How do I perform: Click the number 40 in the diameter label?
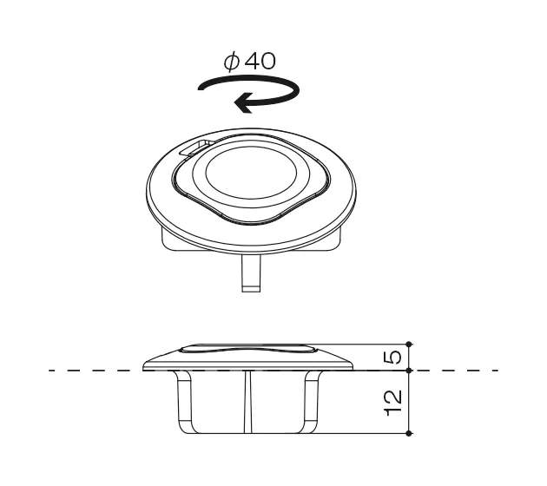coord(260,61)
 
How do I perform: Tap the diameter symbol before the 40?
coord(232,62)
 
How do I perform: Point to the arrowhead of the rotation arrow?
coord(243,103)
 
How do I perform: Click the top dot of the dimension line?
coord(410,345)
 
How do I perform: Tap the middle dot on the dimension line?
coord(410,371)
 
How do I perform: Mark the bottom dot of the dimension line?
coord(410,434)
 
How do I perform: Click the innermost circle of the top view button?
coord(251,173)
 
